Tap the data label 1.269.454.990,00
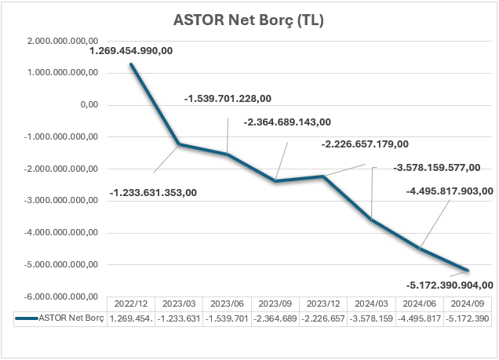(x=131, y=51)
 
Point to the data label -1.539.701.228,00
(x=228, y=99)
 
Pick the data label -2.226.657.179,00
(x=365, y=144)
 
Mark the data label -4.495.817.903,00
(x=450, y=191)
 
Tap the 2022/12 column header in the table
(x=131, y=303)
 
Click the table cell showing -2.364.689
(x=276, y=318)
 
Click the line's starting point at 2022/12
(x=131, y=64)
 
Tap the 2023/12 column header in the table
(x=325, y=303)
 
